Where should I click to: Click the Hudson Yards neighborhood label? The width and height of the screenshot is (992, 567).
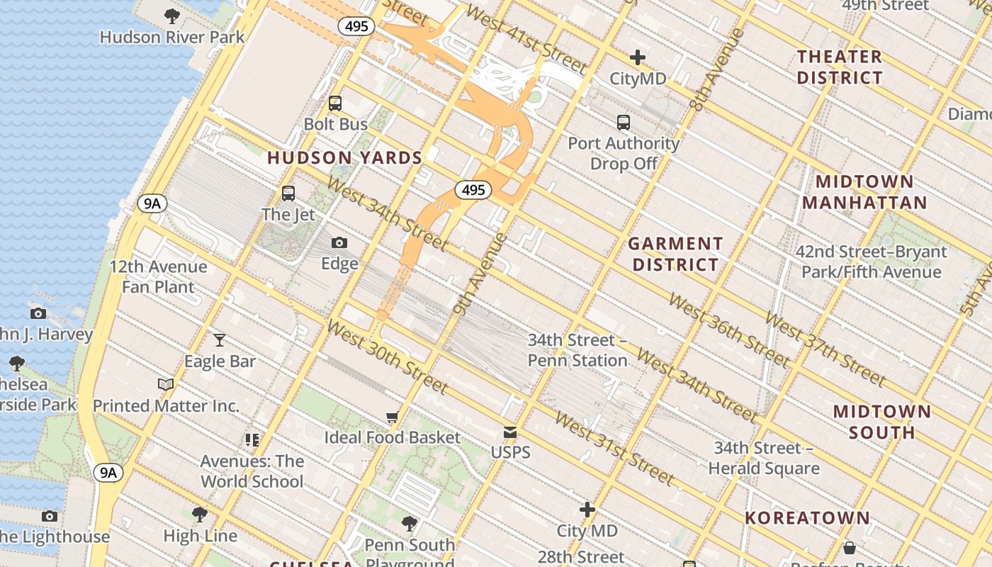(x=344, y=158)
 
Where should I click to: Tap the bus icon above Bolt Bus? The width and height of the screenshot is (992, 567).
(x=335, y=103)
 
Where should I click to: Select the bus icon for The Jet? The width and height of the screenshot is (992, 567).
(x=288, y=193)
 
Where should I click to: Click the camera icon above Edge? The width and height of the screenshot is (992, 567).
(x=339, y=243)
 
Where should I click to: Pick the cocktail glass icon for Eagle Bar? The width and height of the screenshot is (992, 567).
(x=220, y=340)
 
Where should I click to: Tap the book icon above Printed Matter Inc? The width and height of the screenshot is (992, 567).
(x=166, y=385)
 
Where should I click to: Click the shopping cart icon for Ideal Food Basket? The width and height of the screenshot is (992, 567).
(x=392, y=417)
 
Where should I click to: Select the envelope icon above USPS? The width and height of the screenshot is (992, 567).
(x=510, y=432)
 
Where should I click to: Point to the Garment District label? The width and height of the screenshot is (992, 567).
(x=675, y=254)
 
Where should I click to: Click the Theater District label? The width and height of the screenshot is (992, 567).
(x=840, y=67)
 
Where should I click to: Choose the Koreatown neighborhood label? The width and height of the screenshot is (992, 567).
(x=807, y=518)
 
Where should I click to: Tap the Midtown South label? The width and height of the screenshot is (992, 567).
(x=881, y=422)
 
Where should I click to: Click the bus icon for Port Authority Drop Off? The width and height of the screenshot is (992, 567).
(x=624, y=123)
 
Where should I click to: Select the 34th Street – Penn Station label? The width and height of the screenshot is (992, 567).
(x=577, y=350)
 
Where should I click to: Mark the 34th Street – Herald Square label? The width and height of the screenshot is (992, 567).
(x=764, y=458)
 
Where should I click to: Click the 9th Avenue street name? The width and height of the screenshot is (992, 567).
(x=480, y=274)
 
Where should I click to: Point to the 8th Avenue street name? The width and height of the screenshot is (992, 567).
(x=716, y=69)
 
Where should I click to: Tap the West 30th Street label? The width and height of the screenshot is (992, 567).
(x=387, y=357)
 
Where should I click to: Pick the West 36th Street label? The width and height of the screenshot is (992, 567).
(x=728, y=331)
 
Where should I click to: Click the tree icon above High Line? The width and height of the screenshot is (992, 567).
(x=200, y=514)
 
